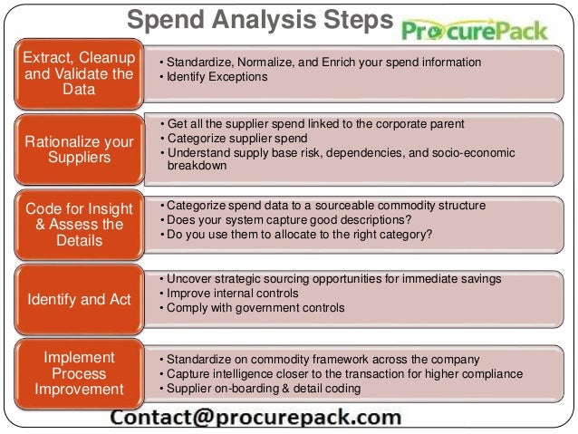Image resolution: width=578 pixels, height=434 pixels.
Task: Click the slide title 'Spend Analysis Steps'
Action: click(x=259, y=19)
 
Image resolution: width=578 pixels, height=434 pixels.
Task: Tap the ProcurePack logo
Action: click(x=475, y=31)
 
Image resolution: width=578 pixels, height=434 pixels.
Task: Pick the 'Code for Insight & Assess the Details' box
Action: click(x=78, y=225)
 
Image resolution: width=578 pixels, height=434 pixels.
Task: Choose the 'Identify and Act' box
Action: click(x=78, y=300)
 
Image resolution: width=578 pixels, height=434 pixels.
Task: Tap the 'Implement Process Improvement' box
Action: click(x=78, y=373)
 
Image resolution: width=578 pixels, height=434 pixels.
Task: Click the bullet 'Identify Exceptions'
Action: click(x=214, y=77)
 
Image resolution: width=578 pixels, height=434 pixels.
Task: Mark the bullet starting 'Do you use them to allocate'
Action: click(x=295, y=235)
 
